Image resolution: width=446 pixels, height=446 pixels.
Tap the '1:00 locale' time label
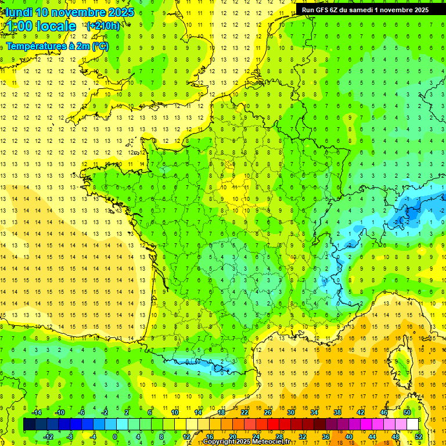(41, 26)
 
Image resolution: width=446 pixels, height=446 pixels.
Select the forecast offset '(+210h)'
(103, 26)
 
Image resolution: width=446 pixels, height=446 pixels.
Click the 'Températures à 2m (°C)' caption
(57, 46)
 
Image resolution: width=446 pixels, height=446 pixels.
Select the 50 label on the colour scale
(407, 412)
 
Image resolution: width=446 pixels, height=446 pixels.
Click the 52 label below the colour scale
(419, 436)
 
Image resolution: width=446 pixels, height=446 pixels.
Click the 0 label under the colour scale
(116, 436)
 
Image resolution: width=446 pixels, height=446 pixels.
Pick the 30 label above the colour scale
(291, 412)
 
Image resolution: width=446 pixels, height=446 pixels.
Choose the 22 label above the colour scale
(244, 412)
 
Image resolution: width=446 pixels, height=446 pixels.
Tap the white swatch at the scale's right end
(413, 425)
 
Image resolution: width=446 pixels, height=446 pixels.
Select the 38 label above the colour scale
(337, 412)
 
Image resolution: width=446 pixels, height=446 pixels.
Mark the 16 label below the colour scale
(210, 436)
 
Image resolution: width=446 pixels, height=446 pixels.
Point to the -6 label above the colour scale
(82, 412)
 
